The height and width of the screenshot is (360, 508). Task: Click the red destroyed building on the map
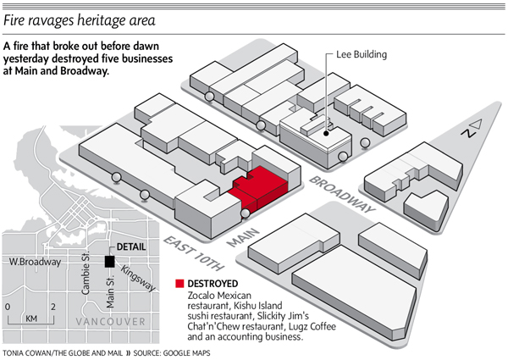[x=258, y=188]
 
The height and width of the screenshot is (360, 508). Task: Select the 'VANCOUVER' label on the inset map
[x=101, y=323]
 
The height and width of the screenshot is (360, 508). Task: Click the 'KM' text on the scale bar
[x=30, y=318]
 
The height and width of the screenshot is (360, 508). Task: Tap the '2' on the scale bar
[x=52, y=306]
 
